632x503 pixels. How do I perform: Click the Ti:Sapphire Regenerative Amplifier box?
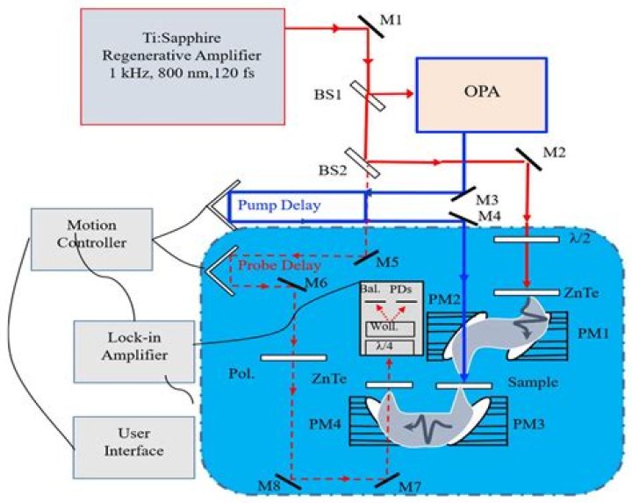183,67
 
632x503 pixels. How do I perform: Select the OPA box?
481,95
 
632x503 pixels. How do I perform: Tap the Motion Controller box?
92,239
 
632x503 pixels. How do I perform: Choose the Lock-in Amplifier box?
133,351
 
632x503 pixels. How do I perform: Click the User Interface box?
133,448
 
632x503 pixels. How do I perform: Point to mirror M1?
370,26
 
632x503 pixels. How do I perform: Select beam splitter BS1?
367,96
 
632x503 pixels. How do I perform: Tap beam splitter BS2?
363,162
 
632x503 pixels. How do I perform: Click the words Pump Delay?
279,205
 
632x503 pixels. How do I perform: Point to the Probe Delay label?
279,265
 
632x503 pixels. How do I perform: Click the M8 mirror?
288,481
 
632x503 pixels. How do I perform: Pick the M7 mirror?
387,480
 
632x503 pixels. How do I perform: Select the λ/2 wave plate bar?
527,240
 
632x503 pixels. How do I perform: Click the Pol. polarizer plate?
293,357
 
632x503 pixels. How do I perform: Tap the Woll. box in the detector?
390,328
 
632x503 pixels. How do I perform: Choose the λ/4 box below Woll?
390,348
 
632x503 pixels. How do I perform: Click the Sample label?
533,382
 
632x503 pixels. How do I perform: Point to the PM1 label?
592,334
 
